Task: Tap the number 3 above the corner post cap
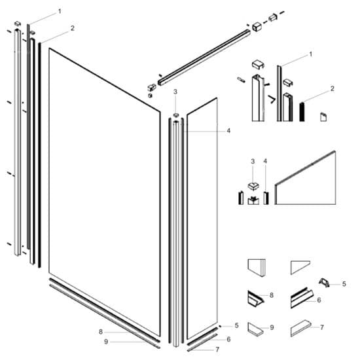click(175, 93)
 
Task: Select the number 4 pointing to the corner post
click(228, 131)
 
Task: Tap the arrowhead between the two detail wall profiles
click(270, 101)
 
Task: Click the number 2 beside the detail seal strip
click(333, 88)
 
